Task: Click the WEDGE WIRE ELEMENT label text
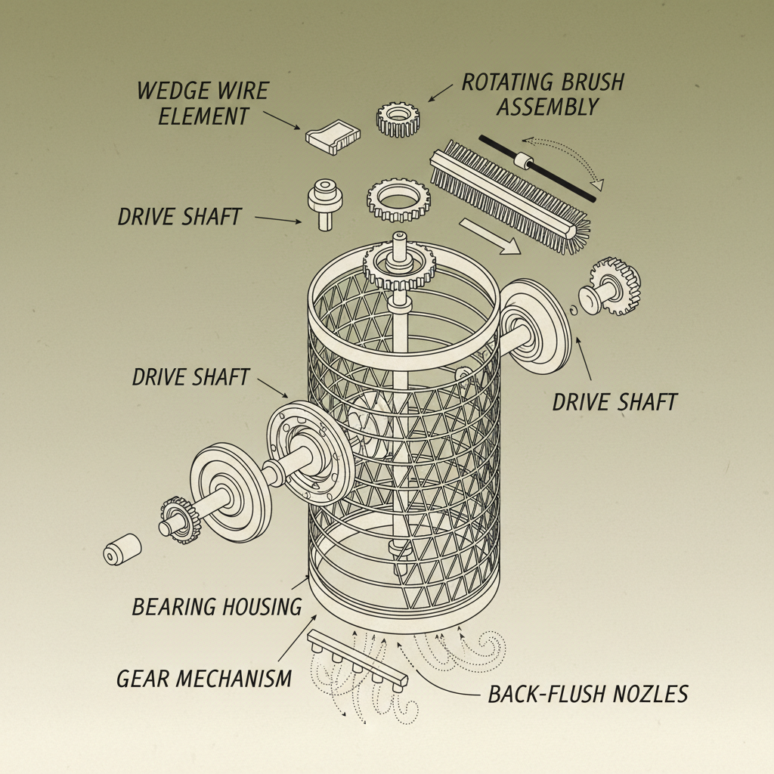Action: [203, 104]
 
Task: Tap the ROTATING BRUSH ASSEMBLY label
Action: [543, 94]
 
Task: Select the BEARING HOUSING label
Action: [217, 606]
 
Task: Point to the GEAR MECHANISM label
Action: [204, 678]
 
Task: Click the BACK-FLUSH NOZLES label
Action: [588, 694]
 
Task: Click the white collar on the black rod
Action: [521, 161]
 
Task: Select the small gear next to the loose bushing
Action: [178, 516]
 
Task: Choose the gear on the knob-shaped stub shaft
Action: [619, 286]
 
